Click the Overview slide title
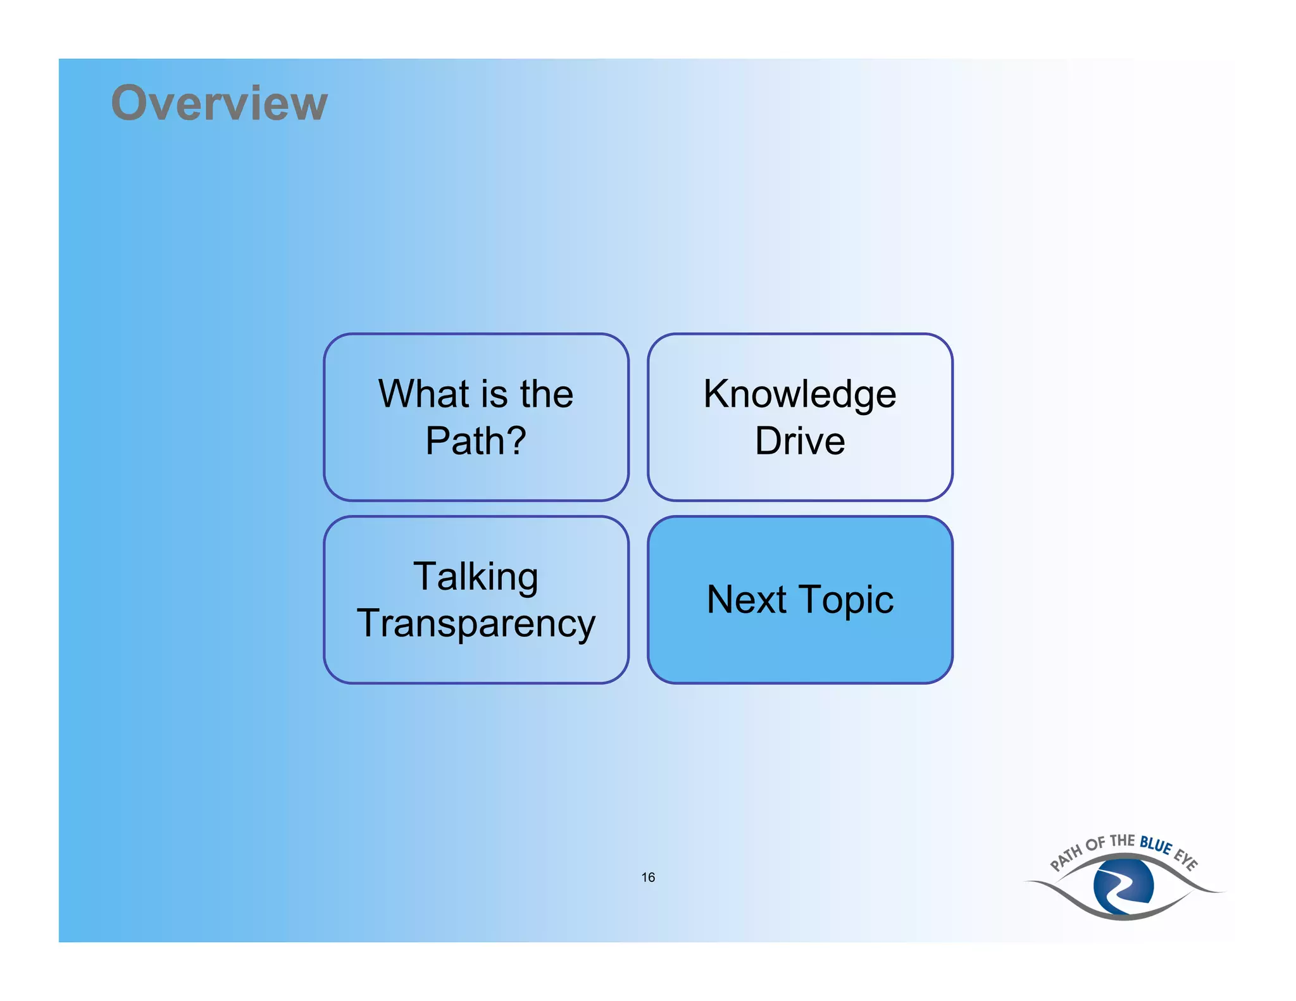[x=219, y=103]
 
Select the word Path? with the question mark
[x=476, y=440]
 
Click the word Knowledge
[x=800, y=394]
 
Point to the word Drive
[x=800, y=440]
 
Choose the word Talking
[x=476, y=576]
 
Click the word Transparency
[x=476, y=623]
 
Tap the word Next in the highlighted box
[x=747, y=599]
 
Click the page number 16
[x=648, y=877]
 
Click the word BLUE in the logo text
[x=1156, y=845]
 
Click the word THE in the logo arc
[x=1122, y=841]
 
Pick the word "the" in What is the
[x=547, y=394]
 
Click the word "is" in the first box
[x=494, y=394]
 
